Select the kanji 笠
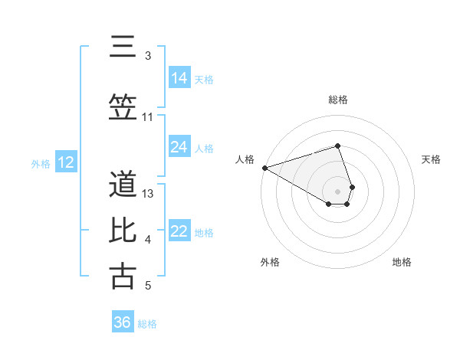pos(123,106)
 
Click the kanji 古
pos(123,276)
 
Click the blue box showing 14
pos(179,78)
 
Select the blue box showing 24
pos(179,147)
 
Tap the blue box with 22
pos(179,232)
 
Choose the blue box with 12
pos(66,162)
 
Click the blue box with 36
pos(123,322)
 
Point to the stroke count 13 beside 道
pos(149,194)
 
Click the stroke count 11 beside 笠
pos(148,117)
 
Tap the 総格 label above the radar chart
pos(338,100)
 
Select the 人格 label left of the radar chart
pos(245,159)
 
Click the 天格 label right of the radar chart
pos(432,159)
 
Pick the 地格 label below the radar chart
pos(402,263)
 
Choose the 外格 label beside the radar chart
pos(270,263)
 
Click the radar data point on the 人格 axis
pos(264,168)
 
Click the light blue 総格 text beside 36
pos(147,324)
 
